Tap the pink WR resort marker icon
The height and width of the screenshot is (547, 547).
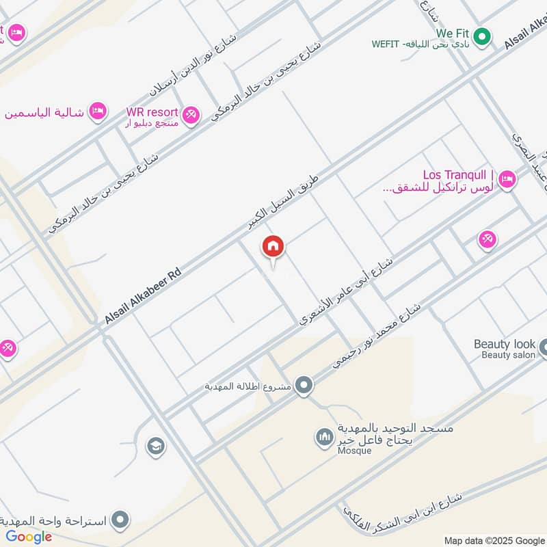(x=191, y=114)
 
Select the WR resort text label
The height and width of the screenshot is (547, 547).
(x=152, y=112)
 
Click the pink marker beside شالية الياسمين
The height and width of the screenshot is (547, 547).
(x=98, y=111)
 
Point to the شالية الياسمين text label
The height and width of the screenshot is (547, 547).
(x=45, y=112)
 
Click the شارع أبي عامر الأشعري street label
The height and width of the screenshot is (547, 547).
(x=345, y=290)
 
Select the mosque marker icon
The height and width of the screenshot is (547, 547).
(x=324, y=436)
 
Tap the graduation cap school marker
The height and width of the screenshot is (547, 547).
(x=156, y=446)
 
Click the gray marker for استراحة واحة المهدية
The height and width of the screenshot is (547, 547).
(x=120, y=520)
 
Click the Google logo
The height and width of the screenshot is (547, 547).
(x=29, y=537)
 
